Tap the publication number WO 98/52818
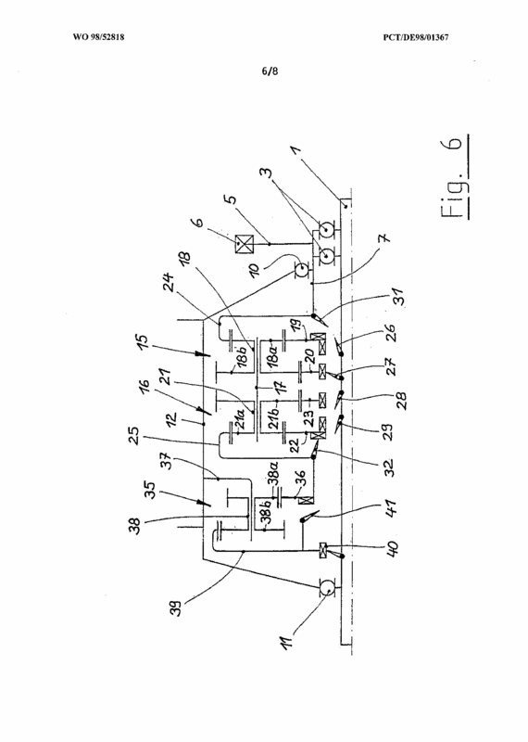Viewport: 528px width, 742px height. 99,37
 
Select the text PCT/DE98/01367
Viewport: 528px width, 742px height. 416,37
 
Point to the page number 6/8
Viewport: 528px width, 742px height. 270,71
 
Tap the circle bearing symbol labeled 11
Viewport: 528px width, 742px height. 327,588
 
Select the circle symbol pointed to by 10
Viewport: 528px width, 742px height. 301,271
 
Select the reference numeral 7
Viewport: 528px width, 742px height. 385,237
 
